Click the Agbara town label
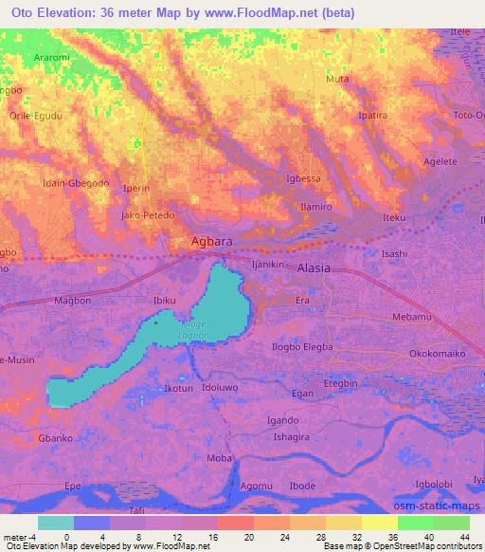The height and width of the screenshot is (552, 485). click(211, 241)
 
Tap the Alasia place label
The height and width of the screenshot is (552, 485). click(314, 267)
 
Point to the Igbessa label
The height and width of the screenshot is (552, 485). click(303, 177)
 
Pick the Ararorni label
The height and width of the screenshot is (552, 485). click(53, 56)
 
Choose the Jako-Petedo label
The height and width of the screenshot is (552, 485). click(147, 215)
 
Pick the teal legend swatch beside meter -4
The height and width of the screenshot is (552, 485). click(56, 522)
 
